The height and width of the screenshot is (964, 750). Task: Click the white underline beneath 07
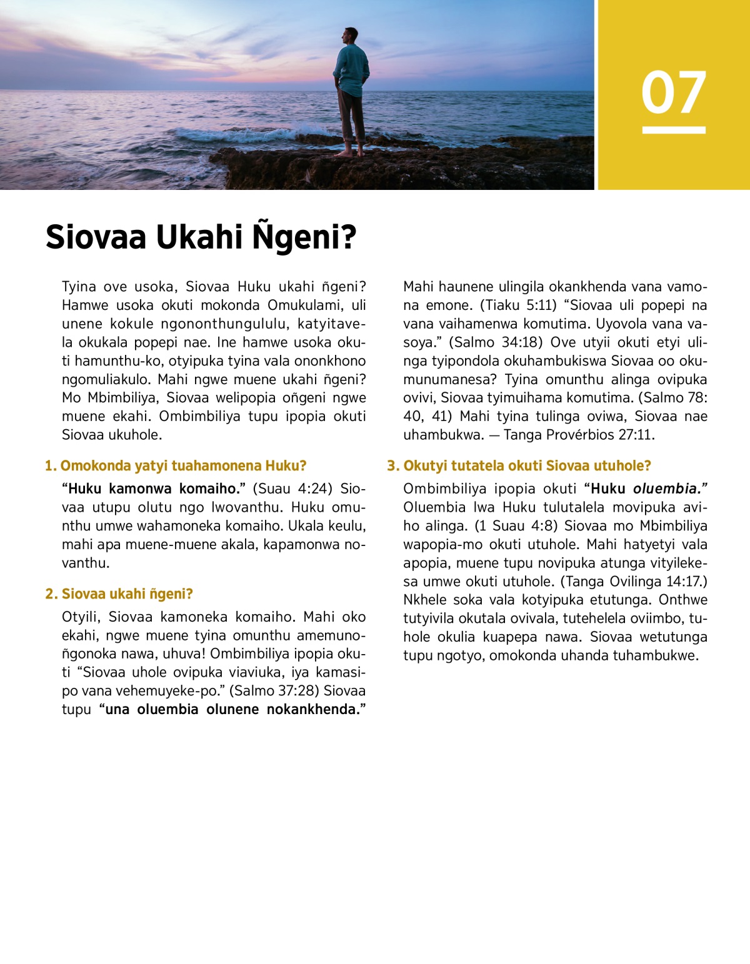674,130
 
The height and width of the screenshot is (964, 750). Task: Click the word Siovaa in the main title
96,237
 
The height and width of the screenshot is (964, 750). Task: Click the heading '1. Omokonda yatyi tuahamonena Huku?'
176,465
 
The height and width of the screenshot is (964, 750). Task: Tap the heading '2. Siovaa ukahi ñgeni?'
119,594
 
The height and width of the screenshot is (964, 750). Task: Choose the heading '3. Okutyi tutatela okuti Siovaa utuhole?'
519,465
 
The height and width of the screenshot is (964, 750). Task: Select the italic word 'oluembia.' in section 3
670,489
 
